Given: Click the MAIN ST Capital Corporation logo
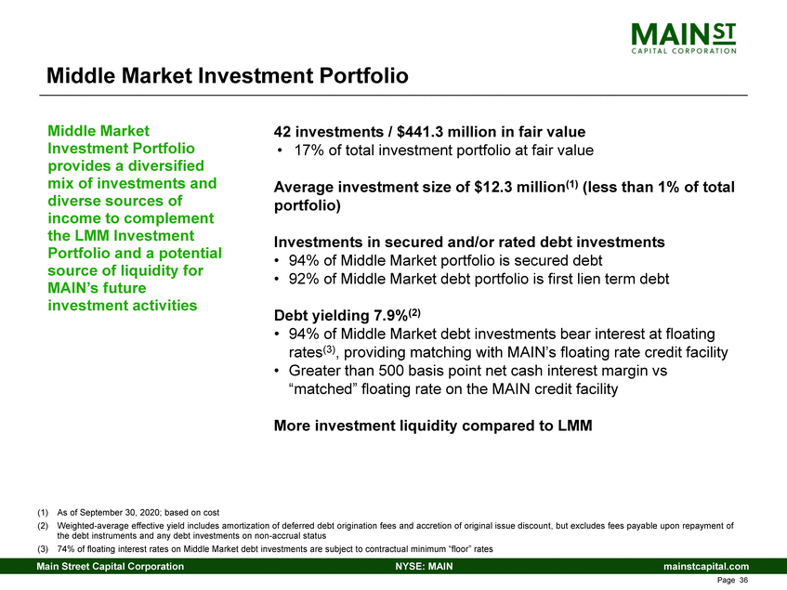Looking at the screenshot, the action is [x=684, y=37].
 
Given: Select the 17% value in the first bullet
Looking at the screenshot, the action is [x=308, y=151].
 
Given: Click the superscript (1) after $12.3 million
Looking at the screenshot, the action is [x=572, y=185].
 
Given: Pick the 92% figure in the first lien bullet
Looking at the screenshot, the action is [x=304, y=279].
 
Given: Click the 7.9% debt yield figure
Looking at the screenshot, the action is [x=390, y=316].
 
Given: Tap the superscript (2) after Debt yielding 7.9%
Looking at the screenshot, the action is [x=414, y=313].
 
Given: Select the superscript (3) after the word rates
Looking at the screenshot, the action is [x=329, y=349].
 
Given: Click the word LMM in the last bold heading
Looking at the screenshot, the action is [x=575, y=426].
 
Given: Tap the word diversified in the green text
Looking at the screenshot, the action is [x=165, y=165].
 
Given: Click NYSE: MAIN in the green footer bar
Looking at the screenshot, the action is [x=424, y=567].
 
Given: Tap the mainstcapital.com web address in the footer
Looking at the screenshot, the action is [x=706, y=567].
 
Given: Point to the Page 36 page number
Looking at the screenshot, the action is [x=732, y=581].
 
